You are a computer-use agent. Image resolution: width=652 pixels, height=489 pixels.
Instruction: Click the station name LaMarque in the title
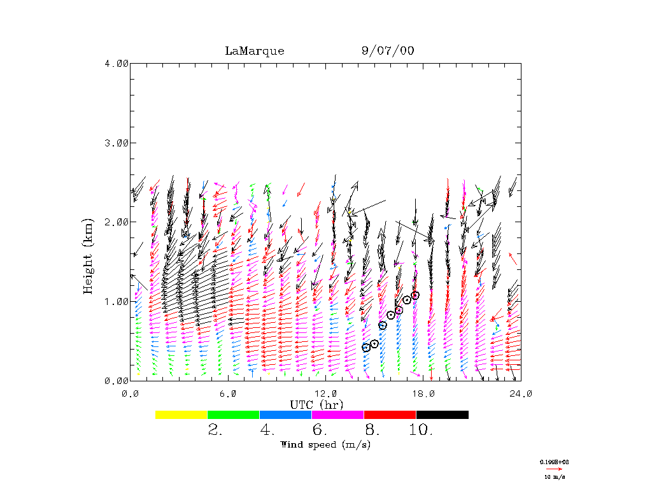pos(254,51)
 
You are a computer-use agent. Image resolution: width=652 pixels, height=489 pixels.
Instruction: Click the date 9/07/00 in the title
pos(387,51)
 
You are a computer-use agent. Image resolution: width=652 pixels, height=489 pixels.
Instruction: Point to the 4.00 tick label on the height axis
pos(117,63)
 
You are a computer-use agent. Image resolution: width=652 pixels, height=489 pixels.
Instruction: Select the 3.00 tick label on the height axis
pos(117,143)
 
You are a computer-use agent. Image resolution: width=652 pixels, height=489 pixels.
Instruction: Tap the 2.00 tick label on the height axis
pos(117,222)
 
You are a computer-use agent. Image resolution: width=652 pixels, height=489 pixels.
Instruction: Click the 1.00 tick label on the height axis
pos(117,301)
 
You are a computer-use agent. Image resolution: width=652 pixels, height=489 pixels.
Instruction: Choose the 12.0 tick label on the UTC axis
pos(325,393)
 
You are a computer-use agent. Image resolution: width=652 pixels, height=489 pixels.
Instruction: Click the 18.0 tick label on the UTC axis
pos(423,393)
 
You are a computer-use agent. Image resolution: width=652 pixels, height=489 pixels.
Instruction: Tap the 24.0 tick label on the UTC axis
pos(520,393)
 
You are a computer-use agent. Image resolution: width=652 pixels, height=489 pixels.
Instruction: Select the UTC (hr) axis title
pos(316,404)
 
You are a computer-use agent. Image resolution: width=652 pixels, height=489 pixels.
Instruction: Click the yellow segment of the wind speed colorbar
pos(181,415)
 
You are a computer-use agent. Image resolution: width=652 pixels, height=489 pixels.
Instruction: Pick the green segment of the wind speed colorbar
pos(234,415)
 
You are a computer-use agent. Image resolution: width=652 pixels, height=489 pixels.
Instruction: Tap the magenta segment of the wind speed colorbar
pos(337,415)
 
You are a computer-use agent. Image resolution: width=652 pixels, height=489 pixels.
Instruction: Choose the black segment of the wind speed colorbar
pos(442,415)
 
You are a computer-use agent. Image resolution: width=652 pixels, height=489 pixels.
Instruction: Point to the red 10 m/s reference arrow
pos(554,469)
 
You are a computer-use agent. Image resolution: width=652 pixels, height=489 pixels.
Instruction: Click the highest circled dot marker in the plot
pos(415,295)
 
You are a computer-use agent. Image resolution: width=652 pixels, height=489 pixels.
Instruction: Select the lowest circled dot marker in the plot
pos(366,348)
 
